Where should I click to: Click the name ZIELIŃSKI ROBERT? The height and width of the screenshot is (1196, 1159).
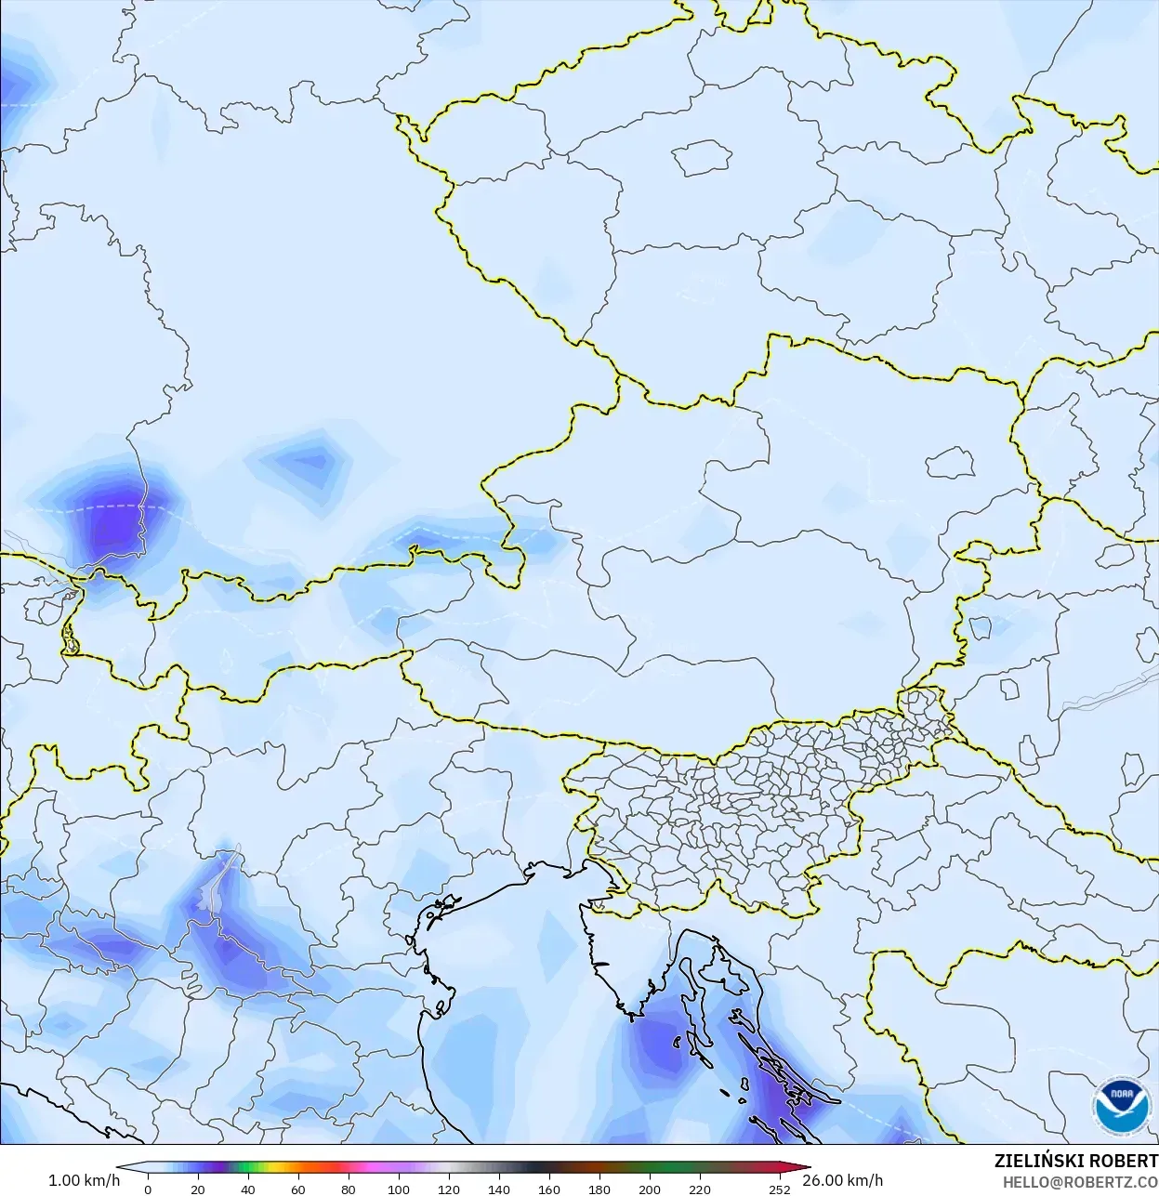1075,1162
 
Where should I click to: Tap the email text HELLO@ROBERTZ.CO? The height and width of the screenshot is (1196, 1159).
1080,1182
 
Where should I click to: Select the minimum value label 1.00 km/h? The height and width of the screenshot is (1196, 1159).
84,1181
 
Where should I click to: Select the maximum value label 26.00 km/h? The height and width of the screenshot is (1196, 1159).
842,1181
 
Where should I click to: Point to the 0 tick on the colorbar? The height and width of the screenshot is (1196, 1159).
148,1189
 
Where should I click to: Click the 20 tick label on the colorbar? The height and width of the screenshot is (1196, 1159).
197,1189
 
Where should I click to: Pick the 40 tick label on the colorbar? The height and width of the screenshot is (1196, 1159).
247,1189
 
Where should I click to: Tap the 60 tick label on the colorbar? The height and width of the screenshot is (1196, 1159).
297,1189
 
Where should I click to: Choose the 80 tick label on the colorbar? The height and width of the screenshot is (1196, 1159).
348,1189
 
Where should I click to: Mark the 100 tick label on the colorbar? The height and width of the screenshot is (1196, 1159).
398,1189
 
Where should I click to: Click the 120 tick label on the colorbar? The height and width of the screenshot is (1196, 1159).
448,1189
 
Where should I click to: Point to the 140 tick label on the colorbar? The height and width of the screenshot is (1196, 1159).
498,1189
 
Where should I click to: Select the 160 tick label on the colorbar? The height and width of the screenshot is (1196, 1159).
548,1189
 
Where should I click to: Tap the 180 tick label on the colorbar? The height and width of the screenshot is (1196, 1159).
599,1189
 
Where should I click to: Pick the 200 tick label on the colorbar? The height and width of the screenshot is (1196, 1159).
649,1189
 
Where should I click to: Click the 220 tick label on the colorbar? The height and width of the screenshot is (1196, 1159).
699,1189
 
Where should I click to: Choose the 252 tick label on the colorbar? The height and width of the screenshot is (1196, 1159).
779,1189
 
